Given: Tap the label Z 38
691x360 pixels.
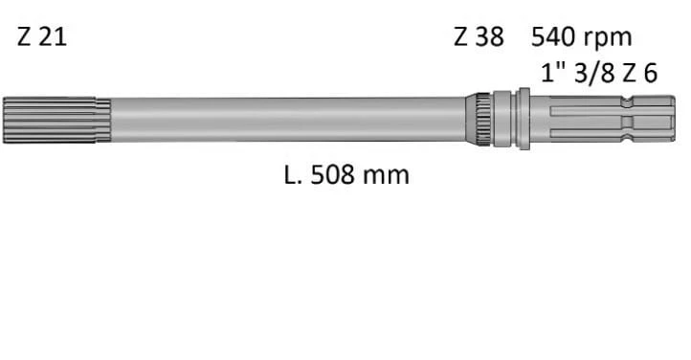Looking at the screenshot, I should [479, 39].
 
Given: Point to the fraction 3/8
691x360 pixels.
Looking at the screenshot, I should [597, 73].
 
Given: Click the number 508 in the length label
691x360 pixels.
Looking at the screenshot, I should [333, 175].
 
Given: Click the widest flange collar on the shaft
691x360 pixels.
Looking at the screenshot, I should [524, 120].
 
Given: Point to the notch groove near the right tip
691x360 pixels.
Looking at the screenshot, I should [626, 120].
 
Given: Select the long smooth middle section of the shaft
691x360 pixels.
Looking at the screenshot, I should [287, 120].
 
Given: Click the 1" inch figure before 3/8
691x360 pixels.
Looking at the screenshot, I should [552, 73].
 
